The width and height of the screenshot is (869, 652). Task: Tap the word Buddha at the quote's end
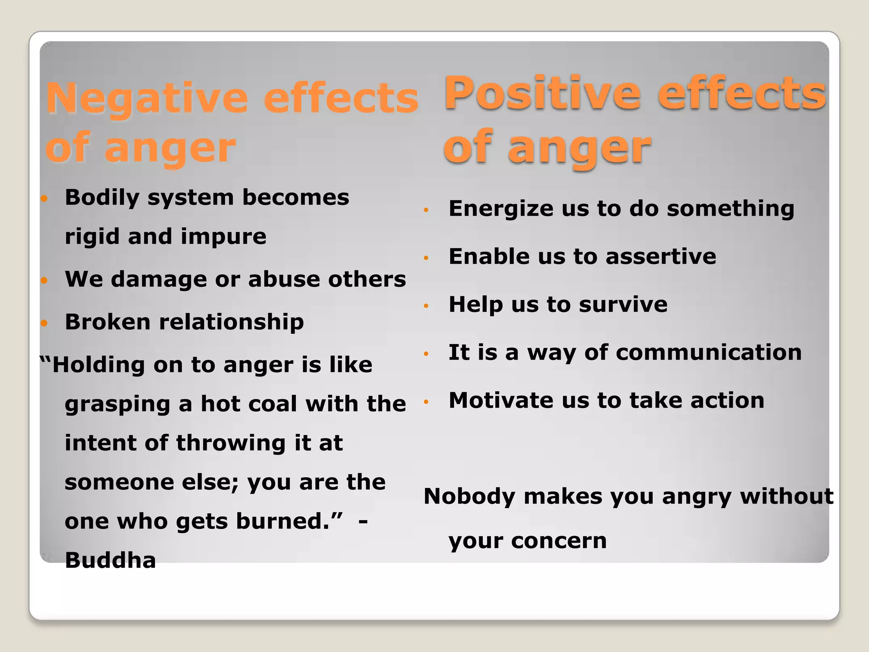click(x=110, y=560)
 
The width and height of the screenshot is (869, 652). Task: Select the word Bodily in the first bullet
click(x=102, y=198)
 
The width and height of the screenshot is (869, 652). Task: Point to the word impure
click(x=223, y=236)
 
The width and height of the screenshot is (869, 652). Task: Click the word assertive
click(x=661, y=256)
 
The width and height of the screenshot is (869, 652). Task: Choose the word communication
click(x=709, y=352)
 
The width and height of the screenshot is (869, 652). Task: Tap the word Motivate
click(x=501, y=400)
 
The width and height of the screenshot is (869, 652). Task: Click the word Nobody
click(x=470, y=496)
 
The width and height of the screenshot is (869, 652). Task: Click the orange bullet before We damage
click(x=45, y=280)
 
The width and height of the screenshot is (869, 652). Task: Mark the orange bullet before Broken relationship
click(x=45, y=323)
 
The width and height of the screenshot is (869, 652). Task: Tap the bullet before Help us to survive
click(x=426, y=306)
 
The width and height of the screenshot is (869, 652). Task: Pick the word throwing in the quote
click(x=231, y=443)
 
